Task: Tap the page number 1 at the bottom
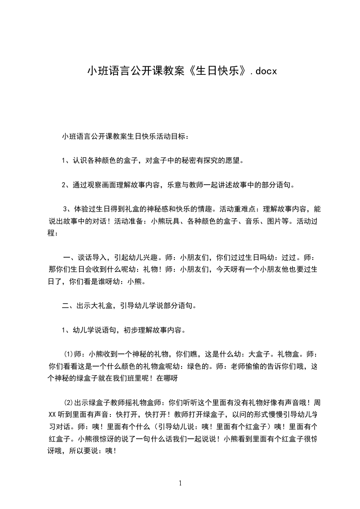tap(180, 483)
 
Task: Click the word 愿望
tap(234, 160)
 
